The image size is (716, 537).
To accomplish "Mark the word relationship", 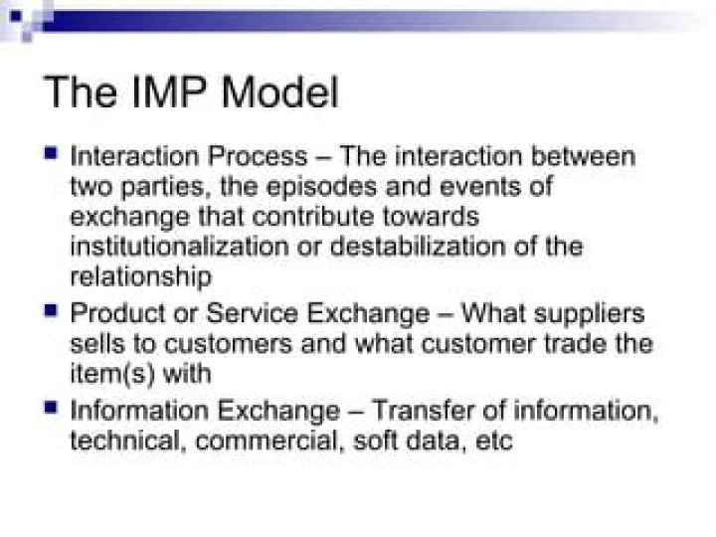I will coord(140,275).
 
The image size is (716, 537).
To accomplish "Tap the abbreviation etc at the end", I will coord(494,441).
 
